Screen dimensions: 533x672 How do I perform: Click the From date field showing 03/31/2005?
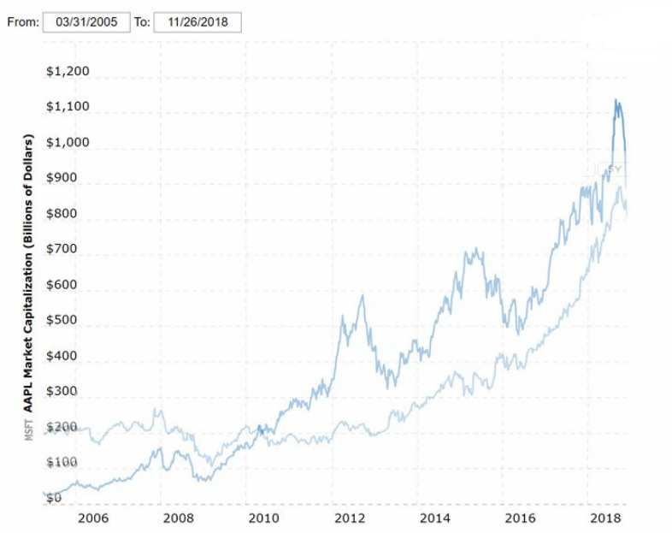coord(85,22)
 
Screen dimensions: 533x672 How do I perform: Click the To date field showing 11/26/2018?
coord(197,22)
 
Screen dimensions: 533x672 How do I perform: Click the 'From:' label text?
coord(22,22)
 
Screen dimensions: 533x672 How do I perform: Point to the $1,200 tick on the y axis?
coord(68,71)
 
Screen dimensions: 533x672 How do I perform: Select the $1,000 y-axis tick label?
coord(68,142)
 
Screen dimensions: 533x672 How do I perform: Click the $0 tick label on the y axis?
coord(54,497)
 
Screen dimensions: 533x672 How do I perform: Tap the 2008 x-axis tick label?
coord(177,518)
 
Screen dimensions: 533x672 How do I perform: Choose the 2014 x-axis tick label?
coord(435,518)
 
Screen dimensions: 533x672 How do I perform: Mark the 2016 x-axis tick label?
coord(521,518)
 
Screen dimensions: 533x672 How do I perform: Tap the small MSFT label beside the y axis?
coord(27,429)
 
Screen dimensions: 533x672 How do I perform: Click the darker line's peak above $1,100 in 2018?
coord(615,100)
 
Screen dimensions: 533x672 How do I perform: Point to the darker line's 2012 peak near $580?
coord(363,296)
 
